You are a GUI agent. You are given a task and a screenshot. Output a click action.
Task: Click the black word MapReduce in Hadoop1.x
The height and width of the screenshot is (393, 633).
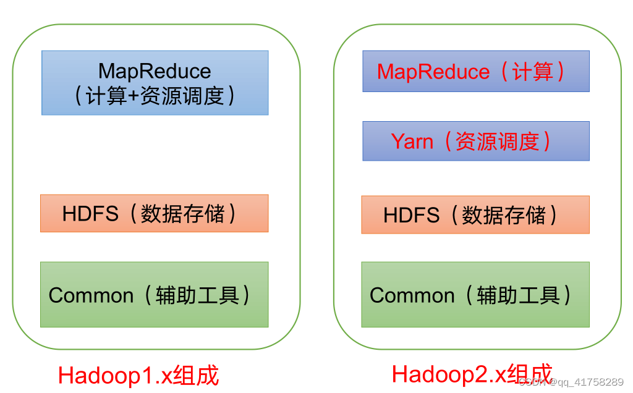click(155, 72)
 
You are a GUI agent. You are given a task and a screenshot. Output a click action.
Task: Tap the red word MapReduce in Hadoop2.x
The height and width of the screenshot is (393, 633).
click(433, 72)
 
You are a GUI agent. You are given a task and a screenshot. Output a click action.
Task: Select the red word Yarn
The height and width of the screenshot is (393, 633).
click(412, 142)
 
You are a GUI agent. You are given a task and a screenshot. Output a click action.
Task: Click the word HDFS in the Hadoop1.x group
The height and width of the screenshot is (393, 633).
click(90, 214)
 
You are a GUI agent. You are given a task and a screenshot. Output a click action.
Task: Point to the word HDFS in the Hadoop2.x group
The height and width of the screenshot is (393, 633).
click(411, 215)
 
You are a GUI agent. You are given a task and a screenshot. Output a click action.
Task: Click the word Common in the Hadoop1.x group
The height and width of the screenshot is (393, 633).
click(91, 295)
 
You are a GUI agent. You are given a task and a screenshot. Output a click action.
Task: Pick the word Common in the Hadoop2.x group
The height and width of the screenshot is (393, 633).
click(412, 295)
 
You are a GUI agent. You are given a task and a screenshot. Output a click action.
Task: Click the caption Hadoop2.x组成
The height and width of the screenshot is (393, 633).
click(472, 374)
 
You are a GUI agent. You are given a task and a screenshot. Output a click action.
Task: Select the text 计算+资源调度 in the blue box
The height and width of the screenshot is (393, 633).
click(155, 96)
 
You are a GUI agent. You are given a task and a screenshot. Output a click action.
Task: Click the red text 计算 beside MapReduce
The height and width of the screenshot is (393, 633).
click(532, 72)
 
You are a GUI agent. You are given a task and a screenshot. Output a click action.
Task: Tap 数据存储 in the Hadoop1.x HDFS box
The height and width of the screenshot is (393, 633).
click(182, 214)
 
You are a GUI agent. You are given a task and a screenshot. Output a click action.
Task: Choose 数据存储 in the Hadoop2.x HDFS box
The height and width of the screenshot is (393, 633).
click(504, 215)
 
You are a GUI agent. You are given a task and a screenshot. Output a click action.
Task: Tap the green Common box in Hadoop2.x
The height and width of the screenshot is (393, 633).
click(475, 315)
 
